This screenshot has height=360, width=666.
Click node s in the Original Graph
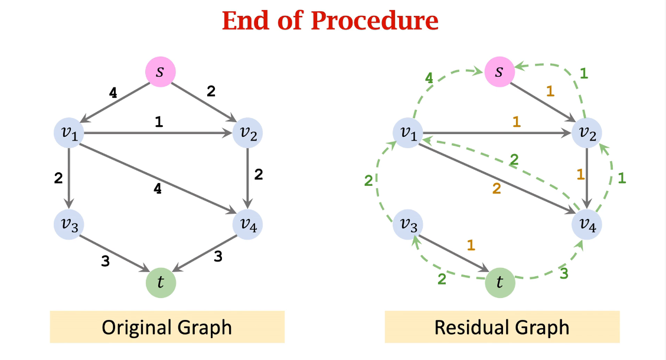pos(161,72)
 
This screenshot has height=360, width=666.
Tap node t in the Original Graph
pos(161,283)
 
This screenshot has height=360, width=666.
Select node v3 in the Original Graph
pos(69,224)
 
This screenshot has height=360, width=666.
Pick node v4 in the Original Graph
pos(248,224)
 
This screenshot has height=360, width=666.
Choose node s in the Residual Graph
pos(500,72)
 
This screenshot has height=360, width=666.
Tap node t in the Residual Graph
pos(500,283)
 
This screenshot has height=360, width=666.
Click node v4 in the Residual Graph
pos(587,224)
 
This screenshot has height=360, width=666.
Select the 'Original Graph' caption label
pos(166,327)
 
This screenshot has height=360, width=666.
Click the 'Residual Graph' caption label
pos(502,327)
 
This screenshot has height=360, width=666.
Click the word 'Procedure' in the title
pos(374,21)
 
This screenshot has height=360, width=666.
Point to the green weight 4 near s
pos(429,77)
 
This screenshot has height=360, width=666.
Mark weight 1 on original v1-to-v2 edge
pos(158,122)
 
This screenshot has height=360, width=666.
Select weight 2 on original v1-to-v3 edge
pos(58,178)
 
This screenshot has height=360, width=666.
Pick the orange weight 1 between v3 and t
pos(471,245)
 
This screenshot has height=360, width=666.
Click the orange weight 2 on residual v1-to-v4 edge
pos(496,188)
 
